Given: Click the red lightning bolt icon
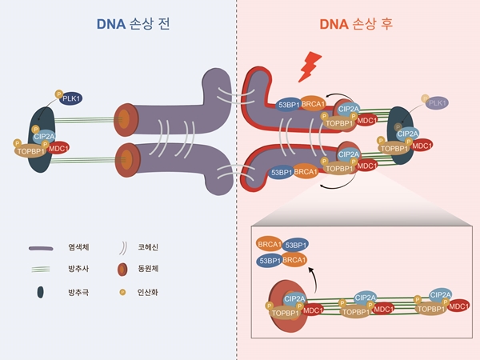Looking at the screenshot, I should [308, 68].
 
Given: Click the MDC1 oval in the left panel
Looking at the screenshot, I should [58, 148].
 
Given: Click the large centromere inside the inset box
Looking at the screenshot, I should [280, 304].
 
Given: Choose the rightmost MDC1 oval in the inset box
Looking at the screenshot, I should [458, 306].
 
